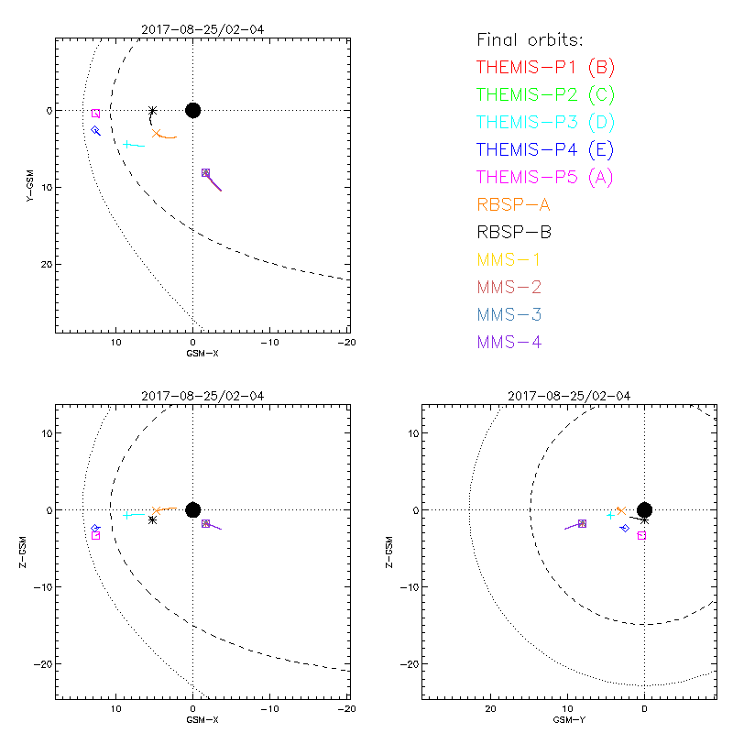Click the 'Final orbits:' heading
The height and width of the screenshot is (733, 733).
click(x=530, y=39)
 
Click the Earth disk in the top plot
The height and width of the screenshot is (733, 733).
click(x=192, y=110)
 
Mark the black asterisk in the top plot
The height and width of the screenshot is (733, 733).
click(x=153, y=111)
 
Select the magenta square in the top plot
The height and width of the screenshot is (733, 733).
click(x=95, y=114)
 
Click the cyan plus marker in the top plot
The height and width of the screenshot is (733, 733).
click(x=127, y=144)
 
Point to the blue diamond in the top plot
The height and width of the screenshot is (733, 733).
click(x=95, y=130)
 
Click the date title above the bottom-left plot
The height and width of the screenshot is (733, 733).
click(x=202, y=396)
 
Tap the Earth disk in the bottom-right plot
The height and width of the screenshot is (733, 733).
click(x=645, y=509)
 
